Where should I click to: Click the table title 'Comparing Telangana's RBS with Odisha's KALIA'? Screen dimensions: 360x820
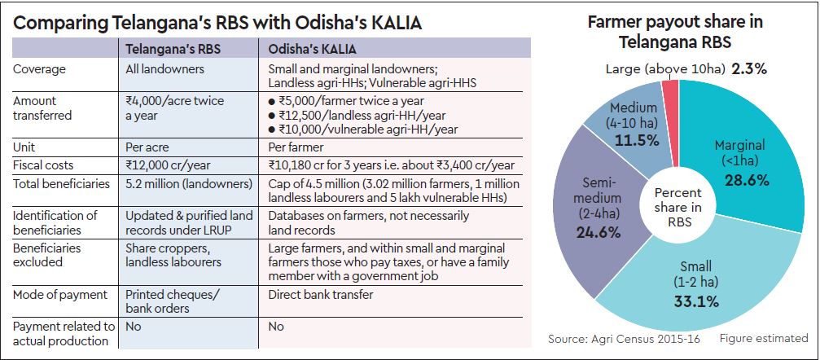pyautogui.click(x=217, y=22)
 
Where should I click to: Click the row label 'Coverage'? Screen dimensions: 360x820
pyautogui.click(x=40, y=68)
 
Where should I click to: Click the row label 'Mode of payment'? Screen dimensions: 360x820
pyautogui.click(x=59, y=294)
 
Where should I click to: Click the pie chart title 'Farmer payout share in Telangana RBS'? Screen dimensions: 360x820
pyautogui.click(x=676, y=31)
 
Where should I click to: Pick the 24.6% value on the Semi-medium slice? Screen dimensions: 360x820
pyautogui.click(x=599, y=232)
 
